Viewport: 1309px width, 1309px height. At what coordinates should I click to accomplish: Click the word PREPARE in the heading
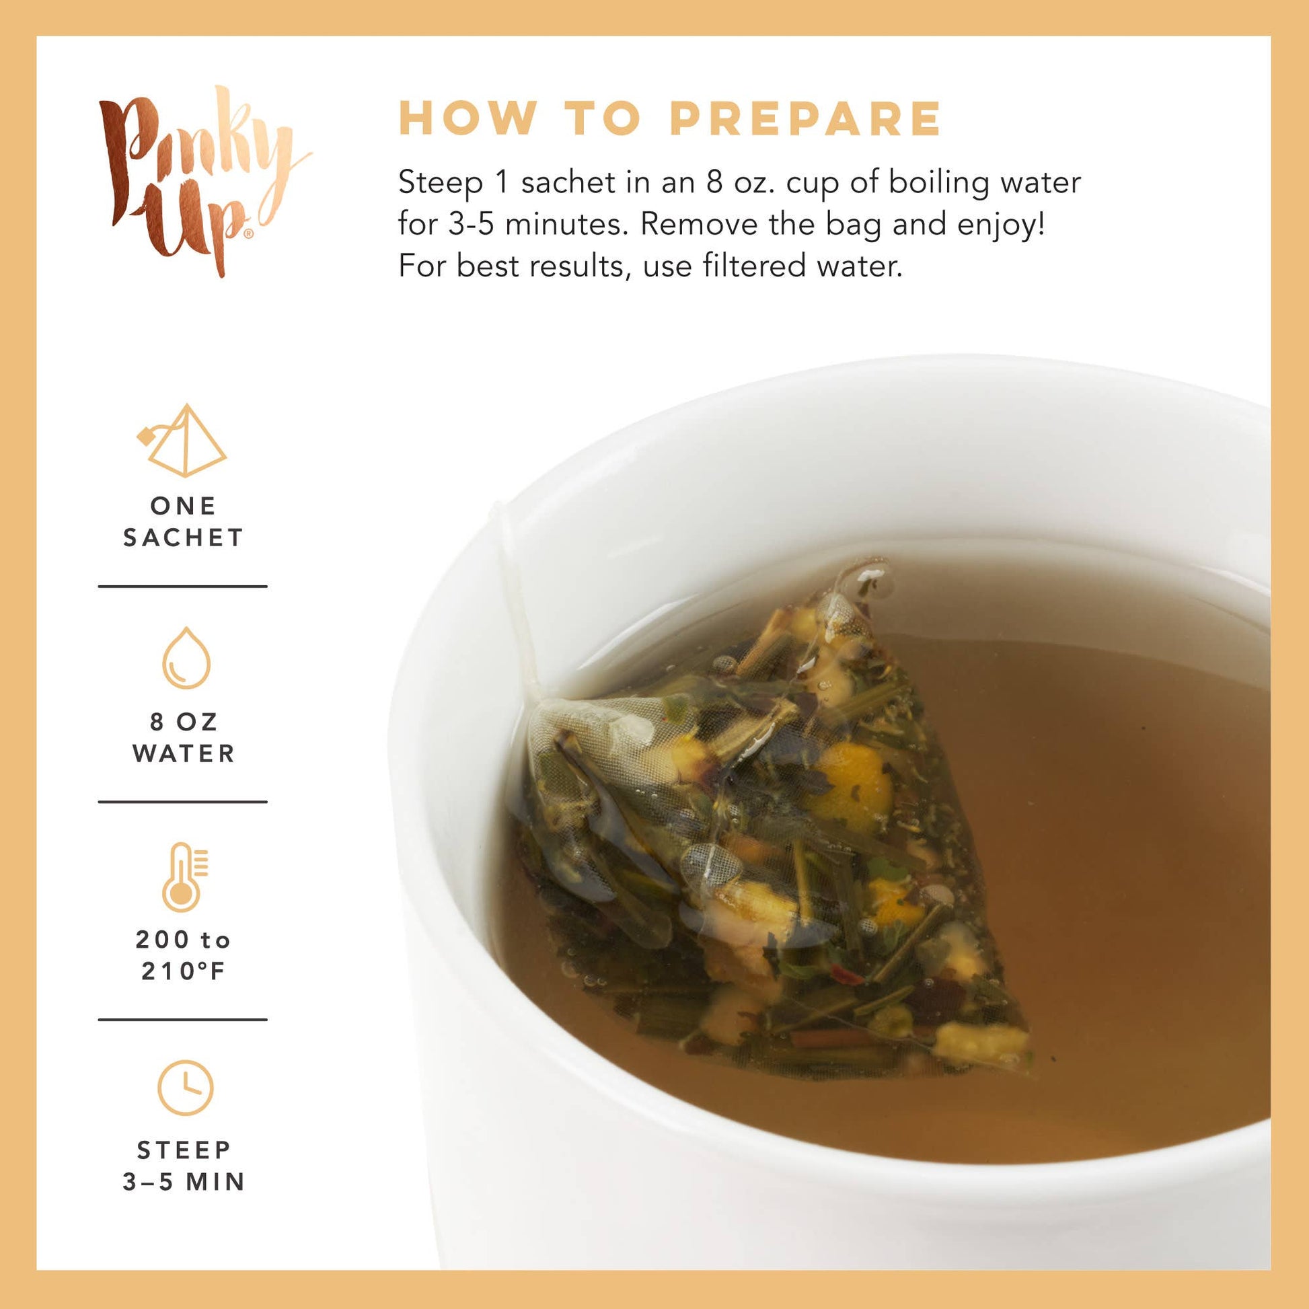coord(806,118)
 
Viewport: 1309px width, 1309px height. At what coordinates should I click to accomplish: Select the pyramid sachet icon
coord(182,441)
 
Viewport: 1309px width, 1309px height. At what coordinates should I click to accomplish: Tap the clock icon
coord(185,1088)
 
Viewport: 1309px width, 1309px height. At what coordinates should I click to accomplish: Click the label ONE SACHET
coord(183,522)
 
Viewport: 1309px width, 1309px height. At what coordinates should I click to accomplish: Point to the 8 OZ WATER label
coord(184,738)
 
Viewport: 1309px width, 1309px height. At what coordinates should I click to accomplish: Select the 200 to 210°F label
coord(183,955)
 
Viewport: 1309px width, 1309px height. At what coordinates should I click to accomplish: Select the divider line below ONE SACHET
coord(183,586)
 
